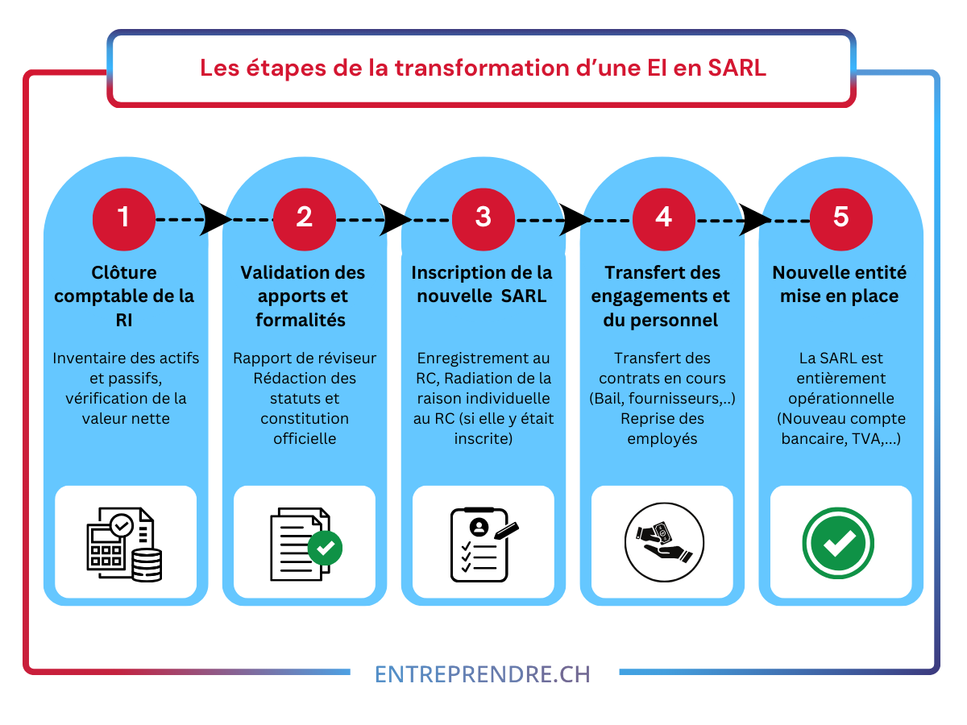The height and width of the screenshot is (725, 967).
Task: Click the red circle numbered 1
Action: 124,219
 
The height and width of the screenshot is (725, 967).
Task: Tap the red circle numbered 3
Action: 483,219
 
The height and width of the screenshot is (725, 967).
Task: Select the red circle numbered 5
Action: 840,219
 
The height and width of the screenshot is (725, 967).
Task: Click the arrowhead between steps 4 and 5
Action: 754,219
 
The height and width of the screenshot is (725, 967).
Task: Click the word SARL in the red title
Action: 737,68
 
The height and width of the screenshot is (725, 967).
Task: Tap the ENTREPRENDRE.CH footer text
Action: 483,674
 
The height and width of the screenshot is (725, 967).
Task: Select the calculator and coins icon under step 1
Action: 124,544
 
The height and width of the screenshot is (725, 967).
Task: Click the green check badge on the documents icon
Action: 325,548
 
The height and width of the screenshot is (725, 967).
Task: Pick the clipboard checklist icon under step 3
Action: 484,545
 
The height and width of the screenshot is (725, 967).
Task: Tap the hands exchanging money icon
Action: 664,542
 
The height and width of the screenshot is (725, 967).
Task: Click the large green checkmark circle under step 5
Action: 838,543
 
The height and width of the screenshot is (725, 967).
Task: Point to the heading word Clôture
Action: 124,272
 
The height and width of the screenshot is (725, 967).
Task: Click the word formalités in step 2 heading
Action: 301,320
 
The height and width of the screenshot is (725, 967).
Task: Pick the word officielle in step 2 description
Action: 305,438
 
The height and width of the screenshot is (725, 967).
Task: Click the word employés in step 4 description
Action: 662,439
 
